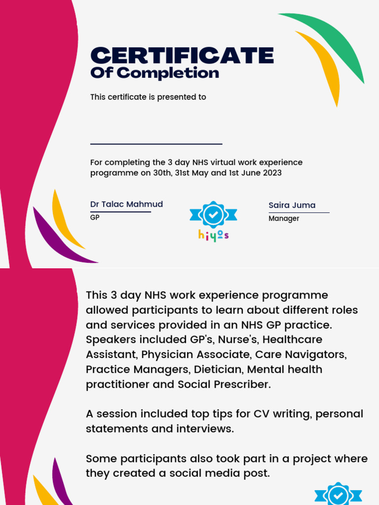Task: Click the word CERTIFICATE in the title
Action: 182,55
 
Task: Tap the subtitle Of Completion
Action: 154,73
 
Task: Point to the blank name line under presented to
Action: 156,144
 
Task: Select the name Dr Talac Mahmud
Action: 126,204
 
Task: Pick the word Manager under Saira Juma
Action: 284,218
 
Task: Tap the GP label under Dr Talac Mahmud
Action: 95,217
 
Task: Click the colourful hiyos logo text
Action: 213,235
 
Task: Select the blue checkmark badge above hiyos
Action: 213,215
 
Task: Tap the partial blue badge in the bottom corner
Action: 338,495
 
